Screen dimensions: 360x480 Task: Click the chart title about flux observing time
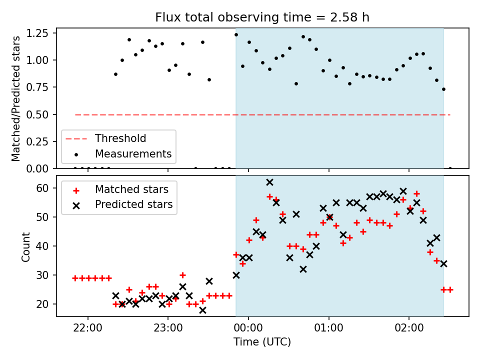click(262, 17)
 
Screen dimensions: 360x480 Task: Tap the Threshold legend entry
click(120, 138)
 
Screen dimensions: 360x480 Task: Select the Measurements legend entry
click(133, 153)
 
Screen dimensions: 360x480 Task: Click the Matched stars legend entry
click(131, 189)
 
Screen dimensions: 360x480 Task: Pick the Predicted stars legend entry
click(133, 204)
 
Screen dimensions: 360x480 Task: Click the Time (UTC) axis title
click(262, 342)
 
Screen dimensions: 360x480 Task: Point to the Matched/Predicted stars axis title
click(16, 98)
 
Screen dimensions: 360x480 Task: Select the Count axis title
click(25, 246)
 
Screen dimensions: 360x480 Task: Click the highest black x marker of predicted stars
click(269, 182)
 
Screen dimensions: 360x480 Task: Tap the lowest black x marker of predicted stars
click(202, 310)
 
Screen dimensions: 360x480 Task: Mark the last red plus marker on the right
click(450, 289)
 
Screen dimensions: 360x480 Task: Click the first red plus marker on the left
click(75, 278)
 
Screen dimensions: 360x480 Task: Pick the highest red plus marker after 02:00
click(416, 193)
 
